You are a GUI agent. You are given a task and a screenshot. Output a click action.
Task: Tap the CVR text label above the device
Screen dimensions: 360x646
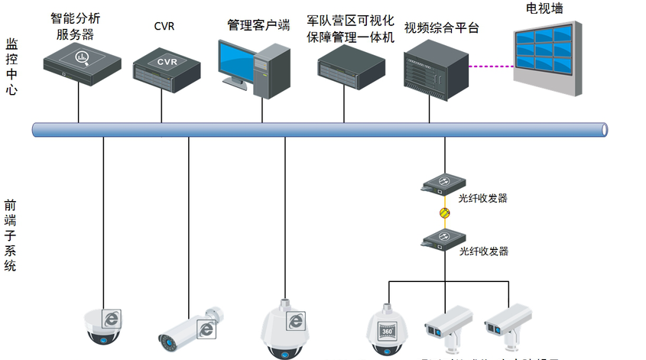click(x=164, y=27)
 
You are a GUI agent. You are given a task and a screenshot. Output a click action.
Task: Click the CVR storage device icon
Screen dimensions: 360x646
click(x=167, y=66)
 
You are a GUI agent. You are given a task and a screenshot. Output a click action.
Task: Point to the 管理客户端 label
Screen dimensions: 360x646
click(x=258, y=24)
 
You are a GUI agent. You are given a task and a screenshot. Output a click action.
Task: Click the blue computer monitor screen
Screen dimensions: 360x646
click(x=239, y=59)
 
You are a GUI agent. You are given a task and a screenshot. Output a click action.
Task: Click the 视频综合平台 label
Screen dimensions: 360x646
click(x=441, y=28)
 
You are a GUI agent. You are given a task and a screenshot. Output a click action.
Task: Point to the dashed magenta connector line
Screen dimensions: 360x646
click(x=489, y=66)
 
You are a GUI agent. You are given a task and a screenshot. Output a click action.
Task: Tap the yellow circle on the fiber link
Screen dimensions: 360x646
click(x=443, y=212)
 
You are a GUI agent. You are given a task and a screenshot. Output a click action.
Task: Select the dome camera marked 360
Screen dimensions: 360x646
click(x=387, y=330)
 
